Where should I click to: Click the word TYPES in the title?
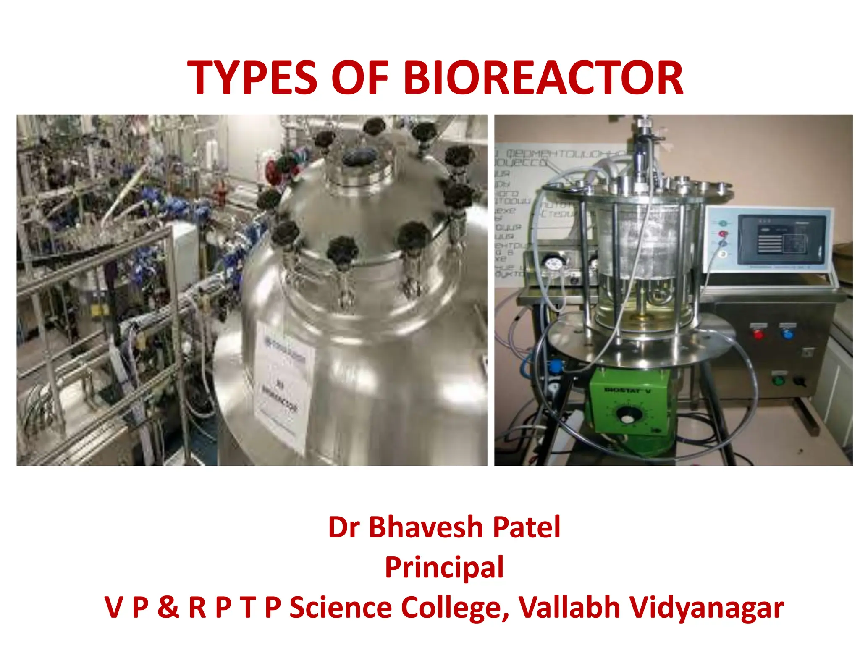(x=251, y=79)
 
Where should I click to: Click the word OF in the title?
(x=359, y=79)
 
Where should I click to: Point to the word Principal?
(x=444, y=567)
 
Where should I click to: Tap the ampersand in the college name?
(x=168, y=608)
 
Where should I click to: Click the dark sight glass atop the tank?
(x=359, y=157)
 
